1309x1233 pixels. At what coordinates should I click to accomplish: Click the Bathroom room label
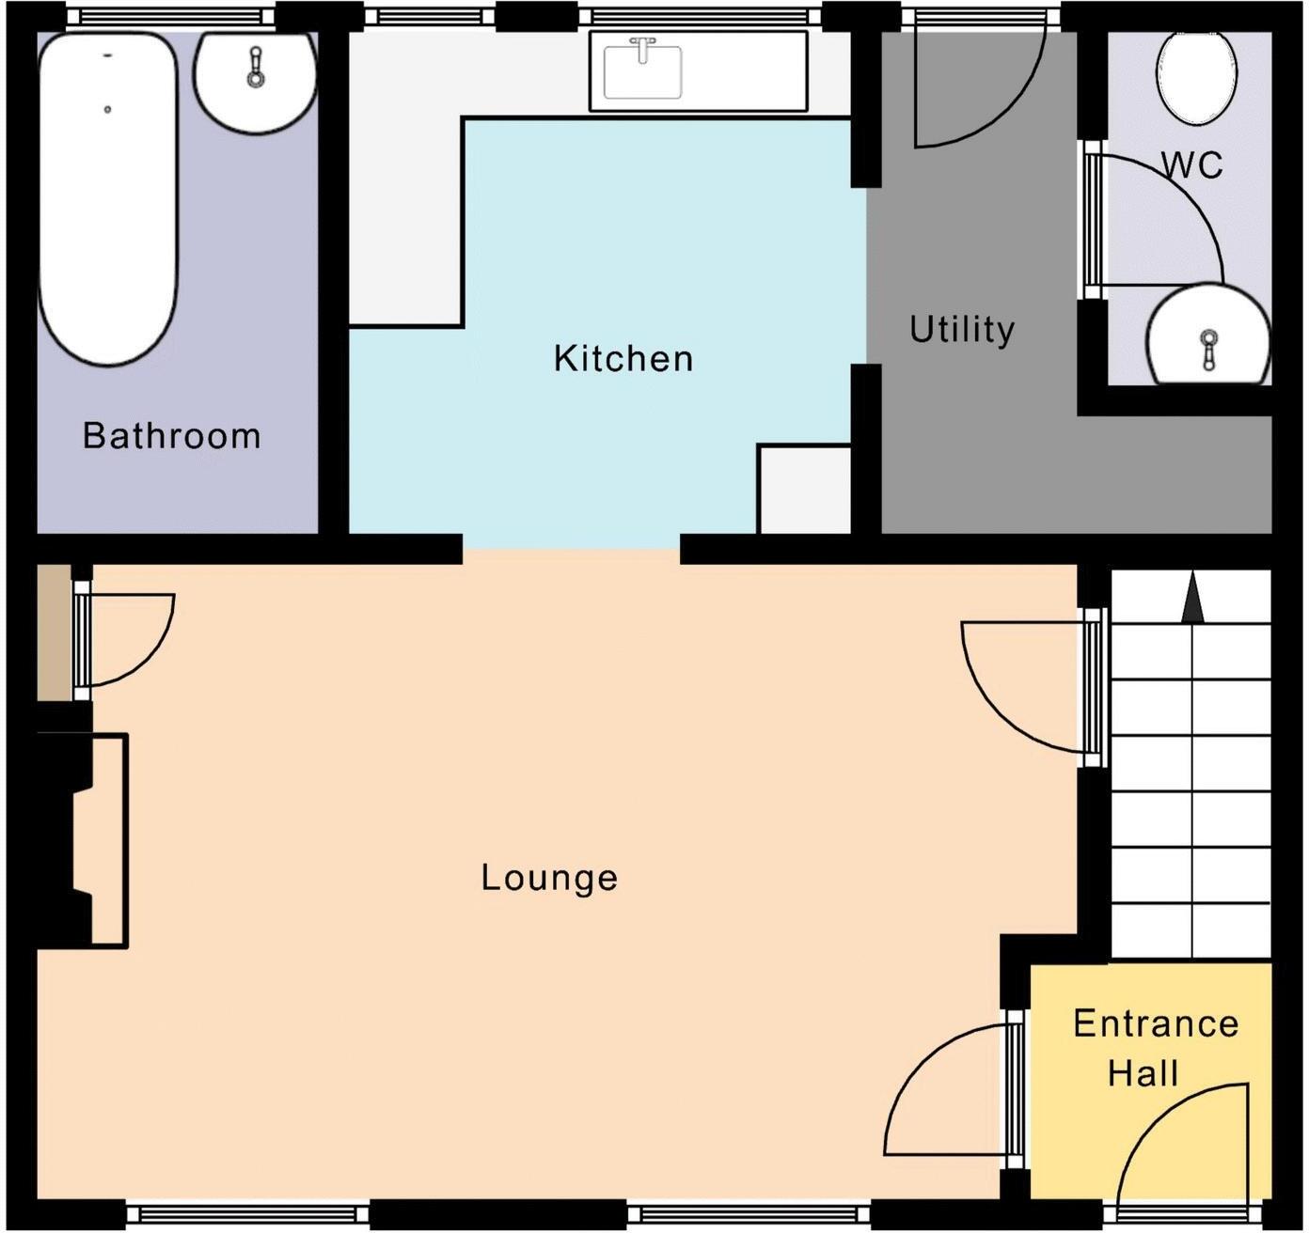click(171, 436)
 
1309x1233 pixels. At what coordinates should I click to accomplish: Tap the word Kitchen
click(623, 359)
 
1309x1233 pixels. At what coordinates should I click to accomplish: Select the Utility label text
click(962, 330)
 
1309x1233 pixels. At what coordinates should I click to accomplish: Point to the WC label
click(1191, 165)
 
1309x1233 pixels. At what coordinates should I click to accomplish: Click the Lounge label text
click(549, 878)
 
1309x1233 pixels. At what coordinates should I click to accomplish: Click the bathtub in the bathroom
click(107, 197)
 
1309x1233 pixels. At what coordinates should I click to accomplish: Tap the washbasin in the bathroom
click(255, 80)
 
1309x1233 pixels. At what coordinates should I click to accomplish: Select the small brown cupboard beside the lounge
click(54, 632)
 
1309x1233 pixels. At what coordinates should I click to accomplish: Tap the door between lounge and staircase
click(1025, 686)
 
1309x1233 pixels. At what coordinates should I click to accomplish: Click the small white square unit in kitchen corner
click(804, 490)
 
